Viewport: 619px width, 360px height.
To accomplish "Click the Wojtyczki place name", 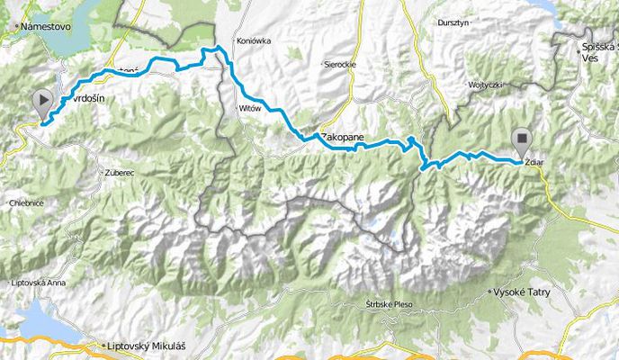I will click(x=481, y=84).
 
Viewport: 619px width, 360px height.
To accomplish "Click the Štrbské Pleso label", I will click(x=388, y=304).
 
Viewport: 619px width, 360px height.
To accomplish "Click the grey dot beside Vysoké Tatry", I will click(x=489, y=292).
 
